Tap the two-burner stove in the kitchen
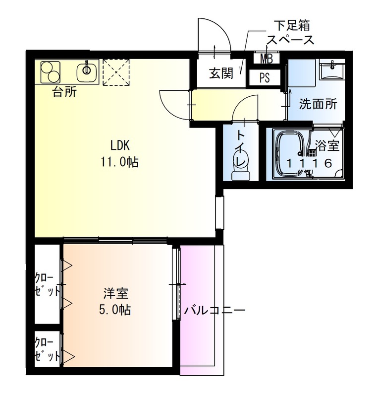tap(50, 71)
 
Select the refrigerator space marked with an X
tap(116, 72)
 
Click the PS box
tap(266, 77)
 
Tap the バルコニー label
tap(215, 311)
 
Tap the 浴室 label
tap(327, 146)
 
